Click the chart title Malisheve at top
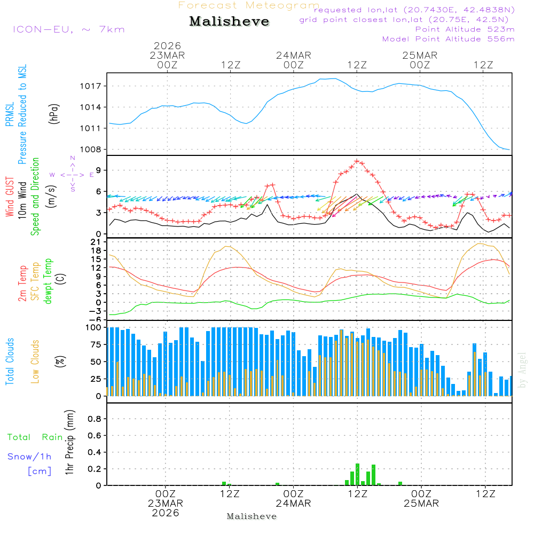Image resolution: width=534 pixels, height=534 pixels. click(x=229, y=21)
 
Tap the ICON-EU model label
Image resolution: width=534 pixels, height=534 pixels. click(x=68, y=29)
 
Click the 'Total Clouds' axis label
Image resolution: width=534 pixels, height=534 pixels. click(x=10, y=361)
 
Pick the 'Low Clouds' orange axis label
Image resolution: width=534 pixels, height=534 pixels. click(x=35, y=361)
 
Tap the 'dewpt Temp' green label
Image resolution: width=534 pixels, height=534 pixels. click(x=48, y=281)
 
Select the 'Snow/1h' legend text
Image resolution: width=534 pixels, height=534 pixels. click(x=30, y=457)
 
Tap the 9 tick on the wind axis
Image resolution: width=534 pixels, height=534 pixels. click(x=99, y=170)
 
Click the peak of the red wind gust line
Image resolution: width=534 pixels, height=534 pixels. click(x=357, y=161)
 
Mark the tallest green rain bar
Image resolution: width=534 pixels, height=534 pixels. click(x=357, y=474)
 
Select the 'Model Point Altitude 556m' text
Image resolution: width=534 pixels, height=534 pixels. click(x=448, y=39)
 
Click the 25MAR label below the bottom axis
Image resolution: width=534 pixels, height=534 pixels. click(x=421, y=504)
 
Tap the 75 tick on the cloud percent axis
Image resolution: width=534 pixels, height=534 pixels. click(x=96, y=344)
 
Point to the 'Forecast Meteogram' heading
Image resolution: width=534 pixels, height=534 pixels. click(x=249, y=5)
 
